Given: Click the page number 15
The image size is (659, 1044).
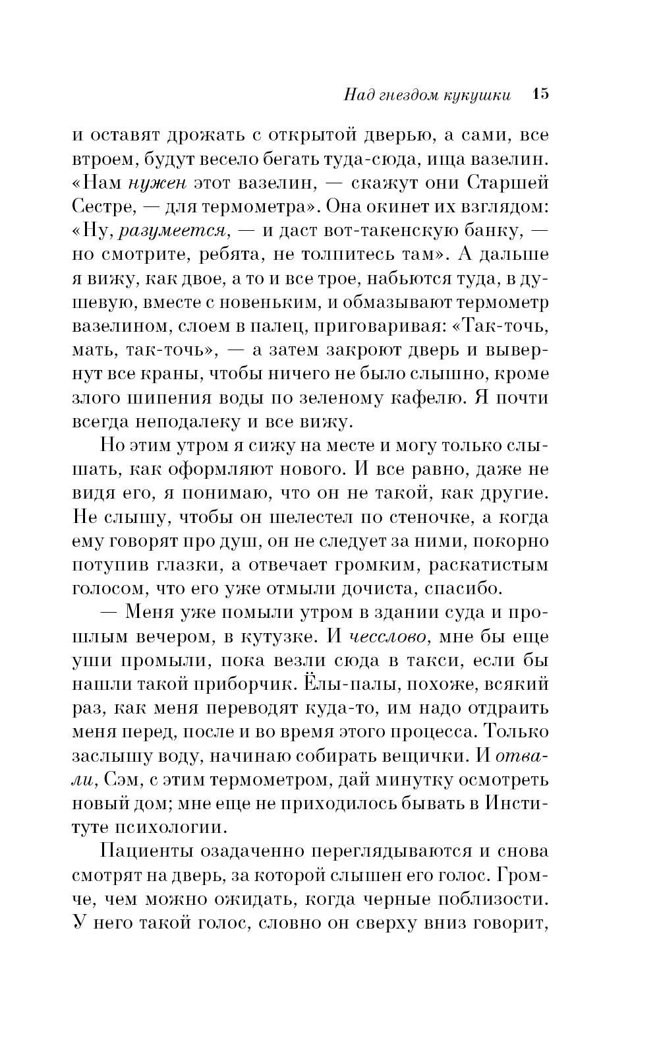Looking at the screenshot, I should (x=540, y=94).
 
